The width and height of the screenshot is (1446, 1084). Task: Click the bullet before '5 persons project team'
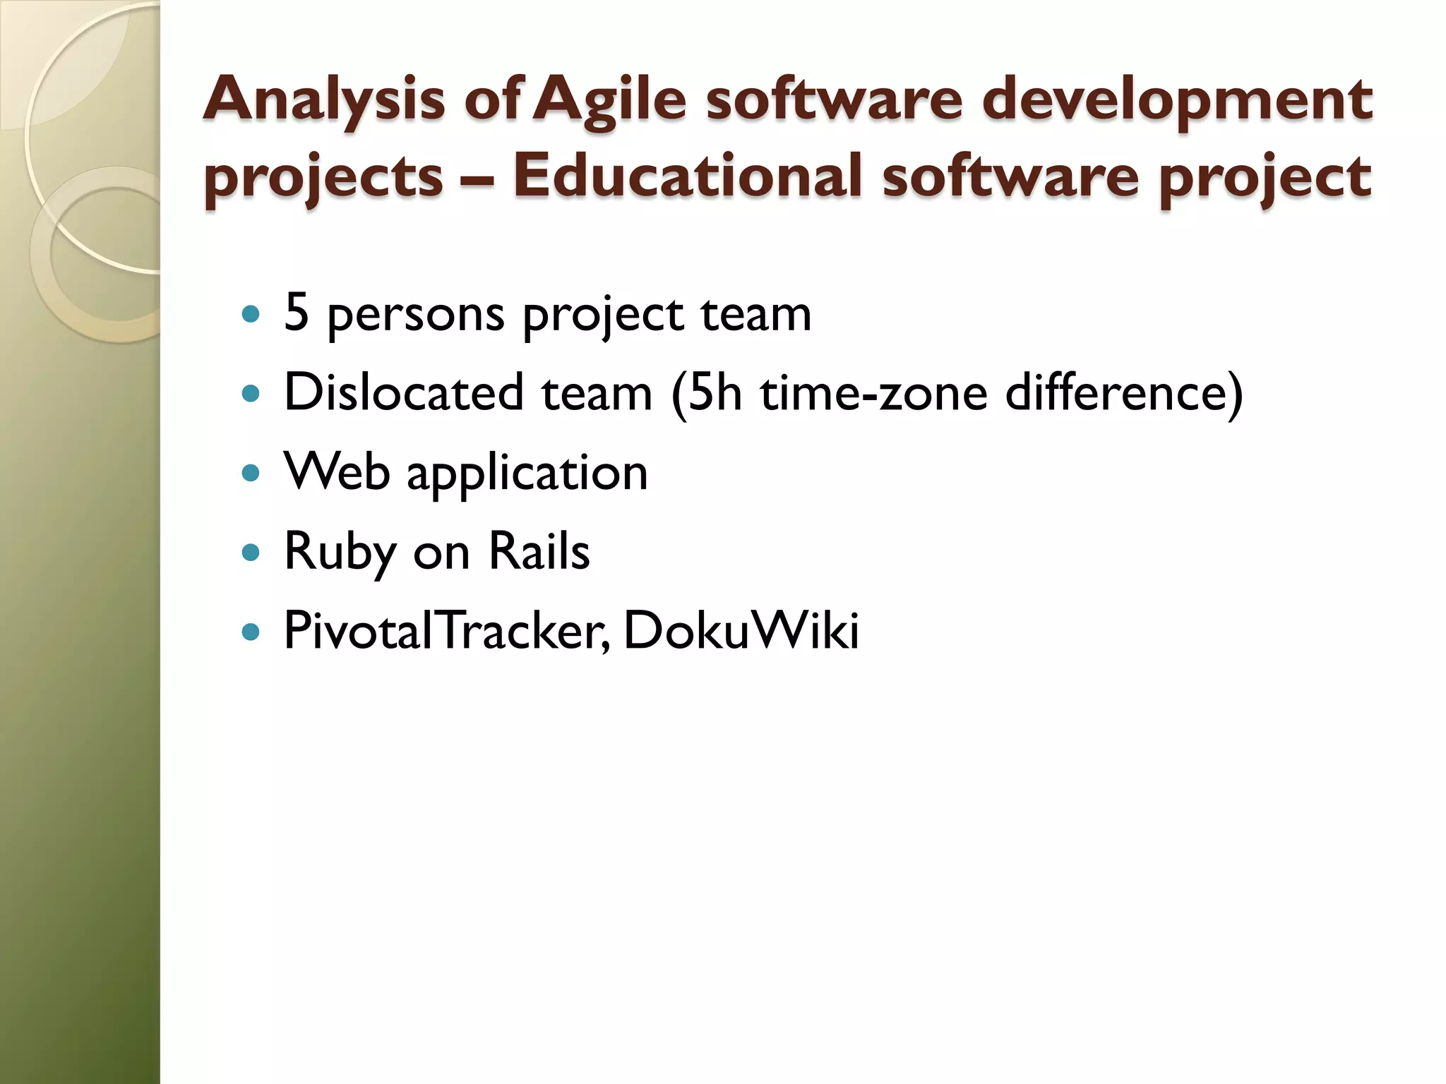[x=250, y=313]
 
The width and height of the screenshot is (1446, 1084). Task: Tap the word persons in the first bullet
[x=416, y=315]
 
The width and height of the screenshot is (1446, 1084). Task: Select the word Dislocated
[x=403, y=392]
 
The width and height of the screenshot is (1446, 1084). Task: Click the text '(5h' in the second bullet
[x=707, y=392]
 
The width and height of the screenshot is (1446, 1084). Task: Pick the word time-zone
[x=873, y=392]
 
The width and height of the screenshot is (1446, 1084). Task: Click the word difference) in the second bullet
[x=1123, y=392]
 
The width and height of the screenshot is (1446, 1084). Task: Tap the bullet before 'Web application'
[x=250, y=472]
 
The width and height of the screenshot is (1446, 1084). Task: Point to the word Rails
[x=539, y=551]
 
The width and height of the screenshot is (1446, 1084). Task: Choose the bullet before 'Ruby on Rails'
[x=250, y=551]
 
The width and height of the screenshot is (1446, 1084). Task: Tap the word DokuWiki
[x=741, y=630]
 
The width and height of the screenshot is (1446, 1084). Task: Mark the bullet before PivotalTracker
[x=250, y=630]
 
